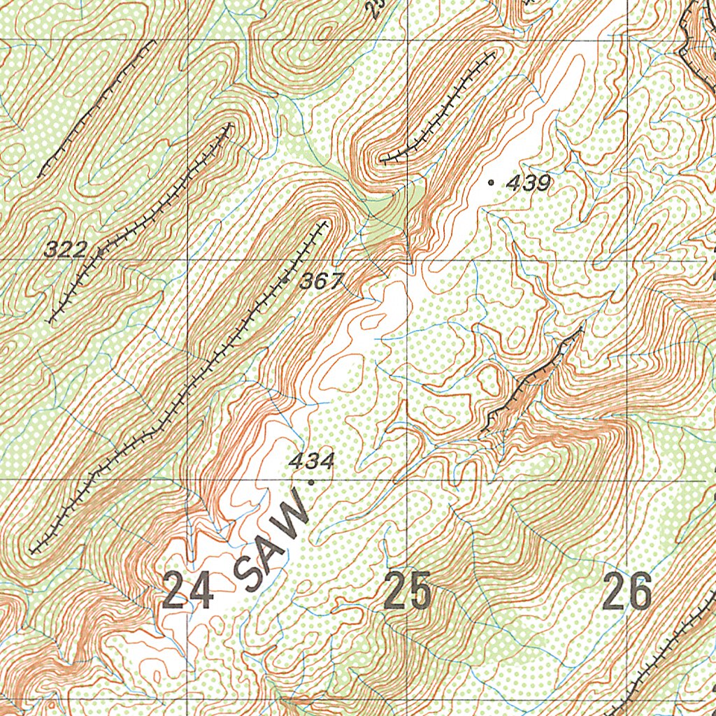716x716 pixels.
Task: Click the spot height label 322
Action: coord(66,248)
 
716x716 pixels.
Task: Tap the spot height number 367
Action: coord(322,282)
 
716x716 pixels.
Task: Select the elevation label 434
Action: coord(312,461)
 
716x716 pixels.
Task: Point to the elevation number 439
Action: coord(529,184)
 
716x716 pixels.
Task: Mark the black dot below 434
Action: coord(310,481)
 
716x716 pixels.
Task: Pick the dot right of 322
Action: coord(100,250)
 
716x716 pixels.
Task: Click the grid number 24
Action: coord(187,592)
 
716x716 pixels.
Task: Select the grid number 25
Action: coord(408,592)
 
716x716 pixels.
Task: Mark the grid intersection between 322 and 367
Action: coord(187,259)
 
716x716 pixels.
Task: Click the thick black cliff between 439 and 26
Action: coord(531,381)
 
